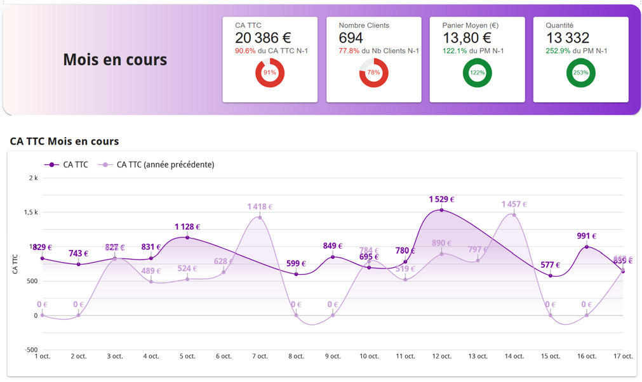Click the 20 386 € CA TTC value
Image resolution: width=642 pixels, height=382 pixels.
tap(263, 38)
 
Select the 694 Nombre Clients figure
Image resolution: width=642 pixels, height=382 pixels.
tap(351, 38)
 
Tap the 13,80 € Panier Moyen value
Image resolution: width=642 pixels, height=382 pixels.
tap(470, 38)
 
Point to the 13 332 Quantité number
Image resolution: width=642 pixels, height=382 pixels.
tap(567, 38)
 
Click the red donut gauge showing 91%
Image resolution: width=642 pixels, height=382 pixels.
tap(270, 72)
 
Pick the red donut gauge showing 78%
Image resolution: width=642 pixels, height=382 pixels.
tap(373, 72)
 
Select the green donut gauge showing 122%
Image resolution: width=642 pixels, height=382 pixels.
tap(477, 72)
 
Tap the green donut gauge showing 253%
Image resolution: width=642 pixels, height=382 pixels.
tap(580, 72)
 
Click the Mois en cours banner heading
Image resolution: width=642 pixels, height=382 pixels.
tap(115, 60)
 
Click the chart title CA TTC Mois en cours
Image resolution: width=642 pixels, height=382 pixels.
tap(64, 141)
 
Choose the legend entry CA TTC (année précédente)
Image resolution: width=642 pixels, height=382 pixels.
tap(165, 164)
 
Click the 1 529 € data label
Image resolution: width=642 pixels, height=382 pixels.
tap(442, 199)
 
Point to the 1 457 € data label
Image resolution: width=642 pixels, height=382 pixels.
tap(514, 204)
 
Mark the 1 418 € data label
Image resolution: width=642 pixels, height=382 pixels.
tap(260, 206)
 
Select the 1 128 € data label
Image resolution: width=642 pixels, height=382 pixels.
tap(187, 227)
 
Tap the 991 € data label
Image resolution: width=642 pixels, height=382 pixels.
tap(587, 236)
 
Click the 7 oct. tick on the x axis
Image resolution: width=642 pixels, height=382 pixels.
tap(260, 356)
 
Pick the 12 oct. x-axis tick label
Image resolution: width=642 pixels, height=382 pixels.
tap(441, 356)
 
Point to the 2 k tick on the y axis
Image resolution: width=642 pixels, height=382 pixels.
tap(33, 178)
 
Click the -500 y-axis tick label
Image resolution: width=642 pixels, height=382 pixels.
tap(31, 350)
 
